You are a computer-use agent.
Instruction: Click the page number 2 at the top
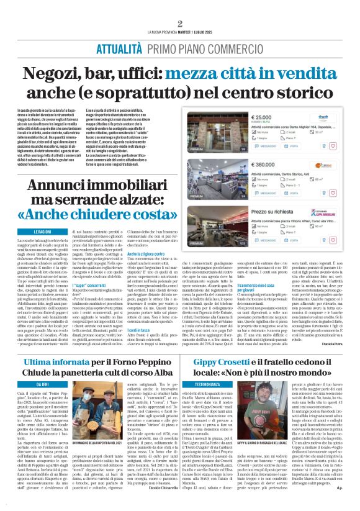179,24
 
